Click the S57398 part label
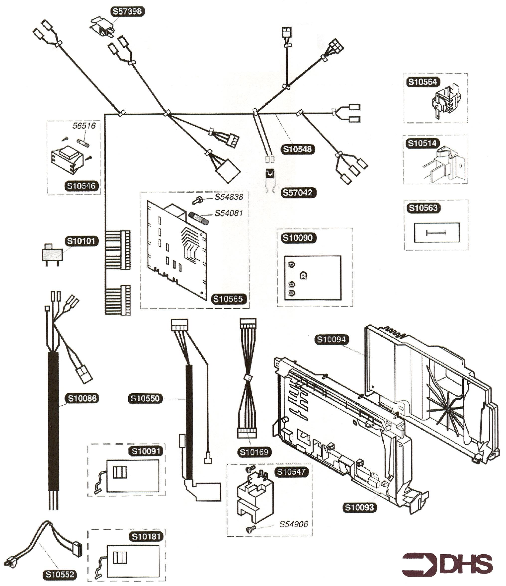[127, 12]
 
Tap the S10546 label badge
[81, 186]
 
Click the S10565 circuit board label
[228, 299]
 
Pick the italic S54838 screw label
[229, 197]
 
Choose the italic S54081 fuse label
[229, 213]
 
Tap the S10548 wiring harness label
[298, 149]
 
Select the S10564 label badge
[422, 82]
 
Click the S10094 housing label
[331, 339]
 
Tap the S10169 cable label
[254, 452]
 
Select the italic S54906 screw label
[293, 524]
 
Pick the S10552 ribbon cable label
[60, 574]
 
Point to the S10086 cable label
[82, 398]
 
